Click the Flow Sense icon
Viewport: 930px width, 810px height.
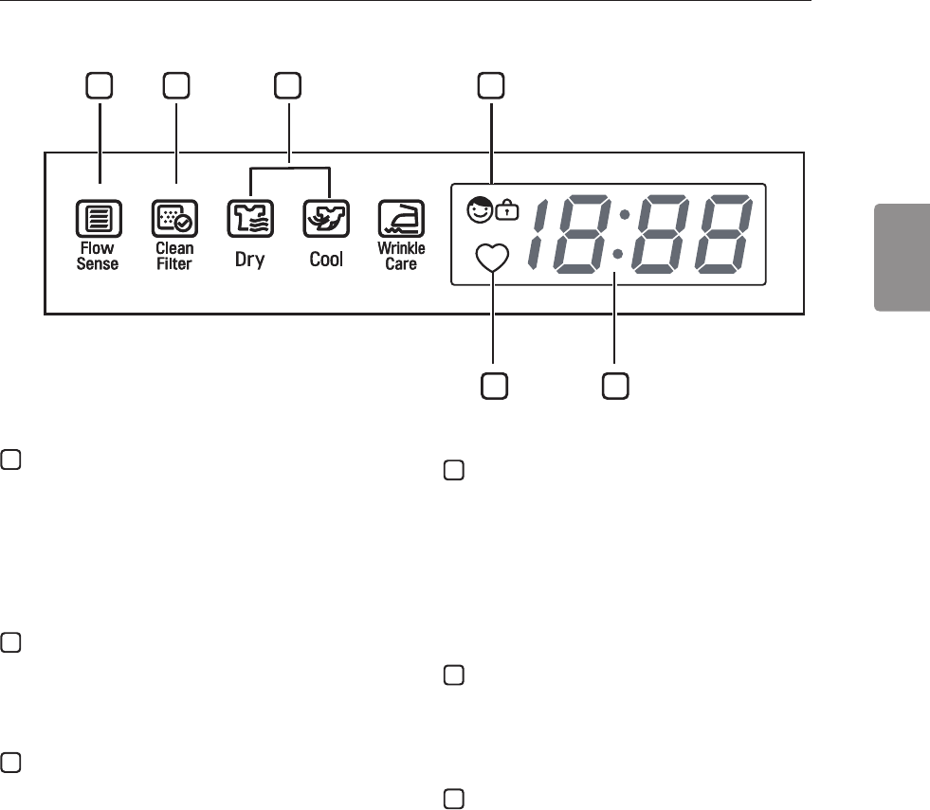(98, 220)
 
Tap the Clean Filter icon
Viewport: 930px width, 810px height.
(174, 220)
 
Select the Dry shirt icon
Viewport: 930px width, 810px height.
(248, 220)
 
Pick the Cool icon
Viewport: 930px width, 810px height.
(326, 220)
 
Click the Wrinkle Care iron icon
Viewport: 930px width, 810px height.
(401, 220)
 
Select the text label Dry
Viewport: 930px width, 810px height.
(249, 259)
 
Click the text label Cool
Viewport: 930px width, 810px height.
(326, 259)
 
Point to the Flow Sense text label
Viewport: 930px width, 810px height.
(98, 256)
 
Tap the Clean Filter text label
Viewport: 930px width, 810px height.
(174, 256)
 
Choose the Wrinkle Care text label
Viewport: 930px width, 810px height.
(401, 256)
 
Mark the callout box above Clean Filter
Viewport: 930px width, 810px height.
(175, 86)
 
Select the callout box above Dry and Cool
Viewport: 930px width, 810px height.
(288, 86)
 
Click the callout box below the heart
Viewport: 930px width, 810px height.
(493, 386)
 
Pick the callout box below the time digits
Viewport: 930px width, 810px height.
(615, 386)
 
